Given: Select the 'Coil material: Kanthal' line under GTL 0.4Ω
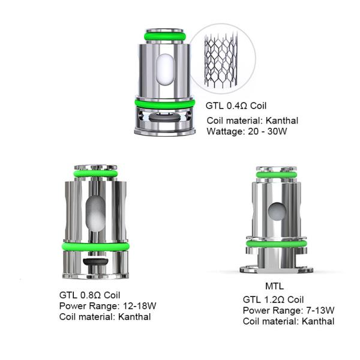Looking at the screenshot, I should click(252, 119).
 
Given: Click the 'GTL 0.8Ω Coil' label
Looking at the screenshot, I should click(90, 295).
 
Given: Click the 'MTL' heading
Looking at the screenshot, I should click(274, 285).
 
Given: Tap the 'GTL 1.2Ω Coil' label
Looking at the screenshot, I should click(274, 299).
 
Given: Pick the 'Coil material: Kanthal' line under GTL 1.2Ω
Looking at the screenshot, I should click(289, 321).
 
